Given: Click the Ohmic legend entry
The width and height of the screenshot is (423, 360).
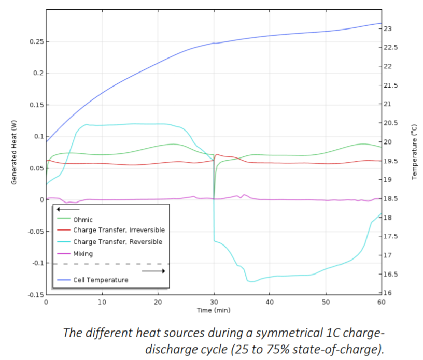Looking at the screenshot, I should pyautogui.click(x=83, y=219).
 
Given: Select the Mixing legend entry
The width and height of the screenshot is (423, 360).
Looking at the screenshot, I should pyautogui.click(x=83, y=254).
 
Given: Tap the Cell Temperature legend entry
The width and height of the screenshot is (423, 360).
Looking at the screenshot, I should pyautogui.click(x=100, y=280).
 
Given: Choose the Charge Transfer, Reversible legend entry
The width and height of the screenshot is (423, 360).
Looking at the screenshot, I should pyautogui.click(x=117, y=242).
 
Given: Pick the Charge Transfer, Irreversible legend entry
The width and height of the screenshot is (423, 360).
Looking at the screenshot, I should pyautogui.click(x=119, y=231).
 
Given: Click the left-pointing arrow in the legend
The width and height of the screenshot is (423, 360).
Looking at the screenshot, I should pyautogui.click(x=68, y=209).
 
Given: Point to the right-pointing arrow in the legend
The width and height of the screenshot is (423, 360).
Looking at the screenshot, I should pyautogui.click(x=153, y=270).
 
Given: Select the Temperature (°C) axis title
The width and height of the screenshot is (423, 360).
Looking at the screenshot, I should pyautogui.click(x=414, y=152).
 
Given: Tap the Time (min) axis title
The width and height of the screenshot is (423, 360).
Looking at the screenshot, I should pyautogui.click(x=214, y=310).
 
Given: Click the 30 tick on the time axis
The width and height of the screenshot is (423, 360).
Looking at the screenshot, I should pyautogui.click(x=214, y=301).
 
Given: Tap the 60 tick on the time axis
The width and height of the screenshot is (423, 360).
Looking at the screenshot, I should pyautogui.click(x=382, y=301).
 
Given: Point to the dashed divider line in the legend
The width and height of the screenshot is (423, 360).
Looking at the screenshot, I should pyautogui.click(x=111, y=264).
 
